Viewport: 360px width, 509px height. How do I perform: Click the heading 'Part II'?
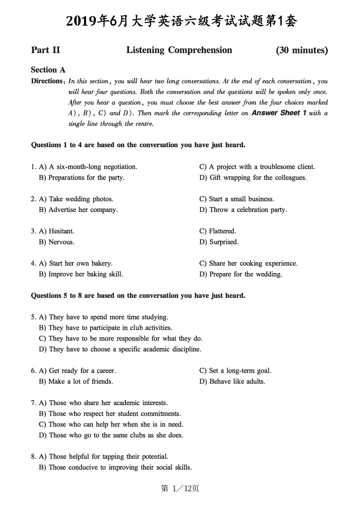45,50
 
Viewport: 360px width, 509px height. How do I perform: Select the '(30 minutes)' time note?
302,50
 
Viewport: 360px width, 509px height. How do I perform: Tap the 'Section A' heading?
48,70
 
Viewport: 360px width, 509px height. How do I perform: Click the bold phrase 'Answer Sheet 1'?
279,113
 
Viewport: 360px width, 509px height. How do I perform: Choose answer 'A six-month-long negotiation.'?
93,167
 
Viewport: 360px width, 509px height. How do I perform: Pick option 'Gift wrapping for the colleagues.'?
258,178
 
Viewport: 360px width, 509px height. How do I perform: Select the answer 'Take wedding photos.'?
81,199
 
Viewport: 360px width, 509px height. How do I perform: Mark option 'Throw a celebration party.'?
248,210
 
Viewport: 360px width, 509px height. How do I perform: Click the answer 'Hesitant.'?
61,231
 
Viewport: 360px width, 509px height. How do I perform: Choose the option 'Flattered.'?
222,231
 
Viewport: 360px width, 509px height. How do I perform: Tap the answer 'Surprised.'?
224,242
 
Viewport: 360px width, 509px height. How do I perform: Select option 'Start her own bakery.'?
80,264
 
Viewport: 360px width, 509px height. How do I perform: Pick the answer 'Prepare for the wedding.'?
245,274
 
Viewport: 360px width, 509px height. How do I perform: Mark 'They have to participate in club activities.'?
110,328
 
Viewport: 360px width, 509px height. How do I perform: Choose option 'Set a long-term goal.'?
240,371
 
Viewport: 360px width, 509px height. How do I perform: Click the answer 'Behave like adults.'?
237,382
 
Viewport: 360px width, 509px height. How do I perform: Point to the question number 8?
33,457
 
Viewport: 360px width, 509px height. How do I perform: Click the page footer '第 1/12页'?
180,489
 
